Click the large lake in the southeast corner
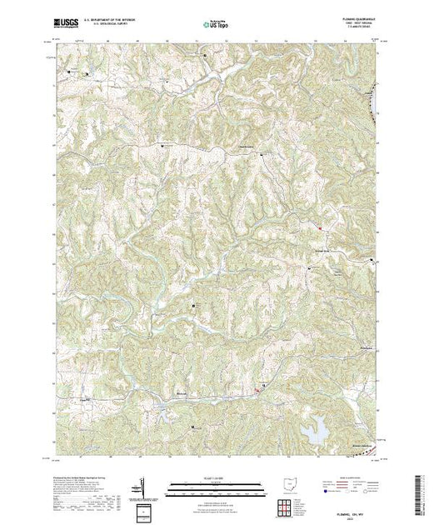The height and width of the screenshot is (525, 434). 316,431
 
